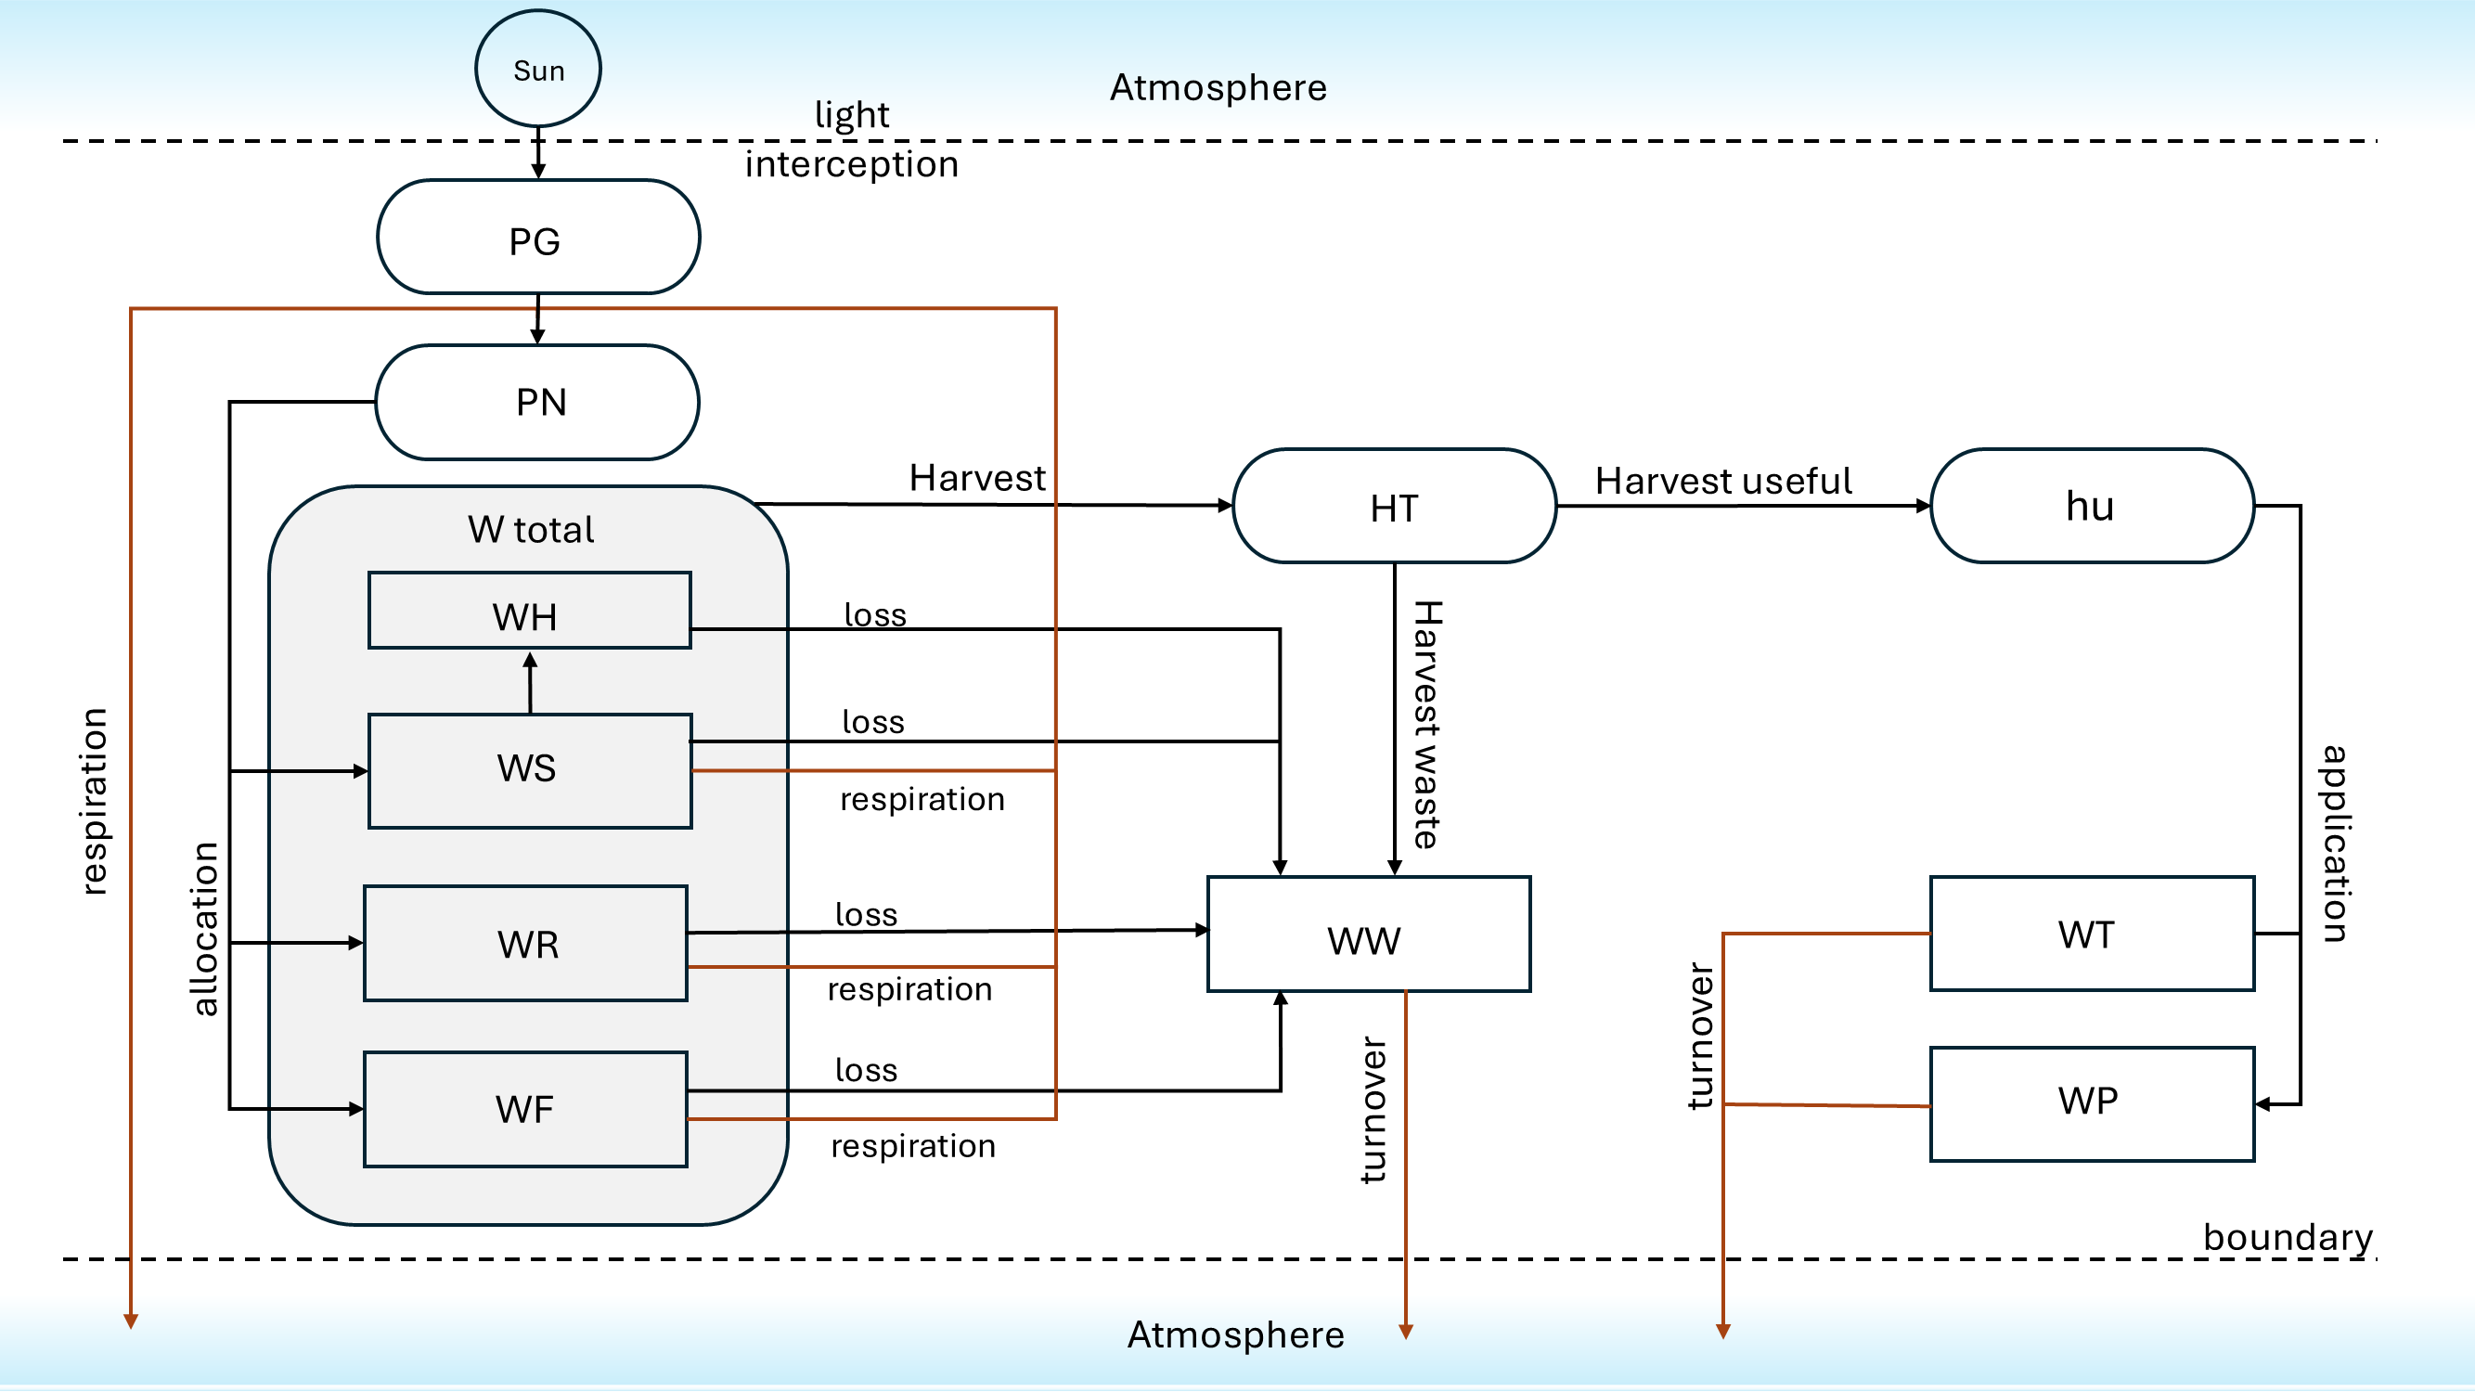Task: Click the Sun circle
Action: click(538, 70)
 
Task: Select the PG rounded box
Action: click(538, 238)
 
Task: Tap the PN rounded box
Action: click(538, 403)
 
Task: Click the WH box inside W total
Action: click(529, 612)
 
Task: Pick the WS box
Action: click(529, 770)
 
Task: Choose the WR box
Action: click(525, 944)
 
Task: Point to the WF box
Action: click(525, 1110)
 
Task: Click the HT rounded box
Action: click(1394, 507)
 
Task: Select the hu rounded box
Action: click(2092, 507)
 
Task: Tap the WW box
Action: click(1368, 934)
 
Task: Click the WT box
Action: click(2092, 934)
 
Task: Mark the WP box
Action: click(2092, 1103)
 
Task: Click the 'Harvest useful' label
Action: click(1722, 482)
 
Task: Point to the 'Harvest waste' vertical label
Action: click(1426, 726)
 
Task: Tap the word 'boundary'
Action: click(2287, 1237)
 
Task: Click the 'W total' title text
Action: click(532, 530)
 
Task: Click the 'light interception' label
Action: click(852, 139)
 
